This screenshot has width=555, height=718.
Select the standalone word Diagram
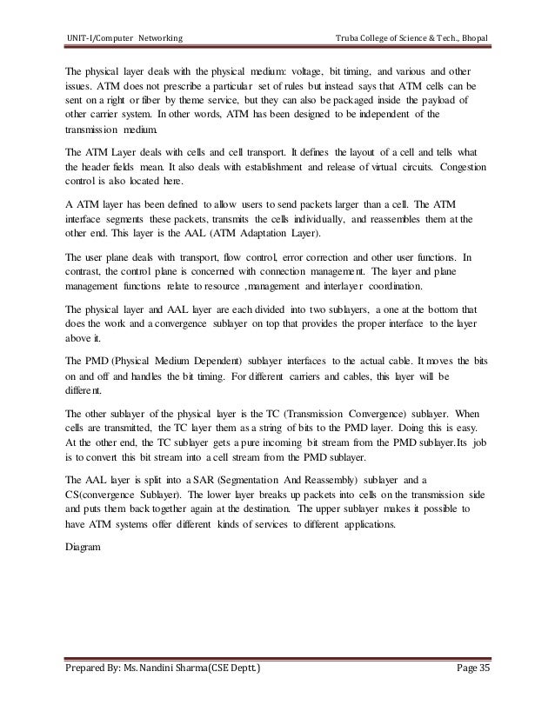tap(84, 548)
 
